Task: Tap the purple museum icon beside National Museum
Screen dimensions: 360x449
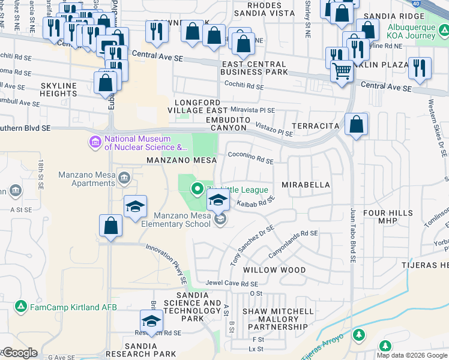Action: tap(95, 143)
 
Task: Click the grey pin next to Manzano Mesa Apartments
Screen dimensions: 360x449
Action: tap(125, 177)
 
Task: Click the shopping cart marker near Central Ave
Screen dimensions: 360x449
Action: tap(342, 71)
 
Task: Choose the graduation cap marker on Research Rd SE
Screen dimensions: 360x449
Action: tap(152, 320)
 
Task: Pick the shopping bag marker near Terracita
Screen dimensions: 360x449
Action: tap(356, 125)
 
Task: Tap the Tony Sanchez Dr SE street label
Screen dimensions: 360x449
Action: tap(252, 246)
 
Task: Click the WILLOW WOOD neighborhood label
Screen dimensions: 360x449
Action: tap(274, 270)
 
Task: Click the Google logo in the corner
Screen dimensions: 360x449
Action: tap(19, 353)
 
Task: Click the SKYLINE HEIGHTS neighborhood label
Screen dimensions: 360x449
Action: tap(59, 89)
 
